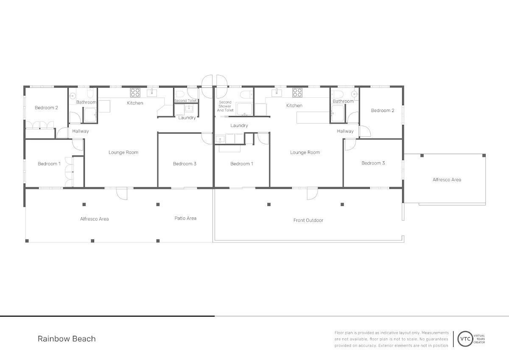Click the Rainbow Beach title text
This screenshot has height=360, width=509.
click(67, 339)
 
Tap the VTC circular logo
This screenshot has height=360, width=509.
click(465, 339)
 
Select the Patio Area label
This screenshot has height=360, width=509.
click(185, 218)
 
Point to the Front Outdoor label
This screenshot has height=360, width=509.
click(308, 220)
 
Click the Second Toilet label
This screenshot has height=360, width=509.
click(185, 101)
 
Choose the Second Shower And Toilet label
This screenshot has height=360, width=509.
click(225, 106)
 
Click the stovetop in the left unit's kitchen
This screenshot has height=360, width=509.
click(135, 93)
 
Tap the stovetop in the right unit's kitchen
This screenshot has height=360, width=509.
click(297, 93)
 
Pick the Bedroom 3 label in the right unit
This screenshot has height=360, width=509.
click(373, 163)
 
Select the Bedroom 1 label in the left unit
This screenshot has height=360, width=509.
click(49, 164)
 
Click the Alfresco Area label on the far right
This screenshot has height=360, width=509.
click(447, 180)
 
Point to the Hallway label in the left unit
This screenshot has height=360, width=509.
click(81, 131)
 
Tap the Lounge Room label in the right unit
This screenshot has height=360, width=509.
click(305, 152)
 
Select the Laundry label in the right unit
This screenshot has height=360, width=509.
click(239, 126)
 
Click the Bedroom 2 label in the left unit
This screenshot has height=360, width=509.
click(46, 107)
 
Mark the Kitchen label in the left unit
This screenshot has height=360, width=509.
click(135, 103)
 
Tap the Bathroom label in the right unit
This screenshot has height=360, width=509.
click(343, 101)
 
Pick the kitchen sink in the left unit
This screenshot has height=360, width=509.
click(152, 93)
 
